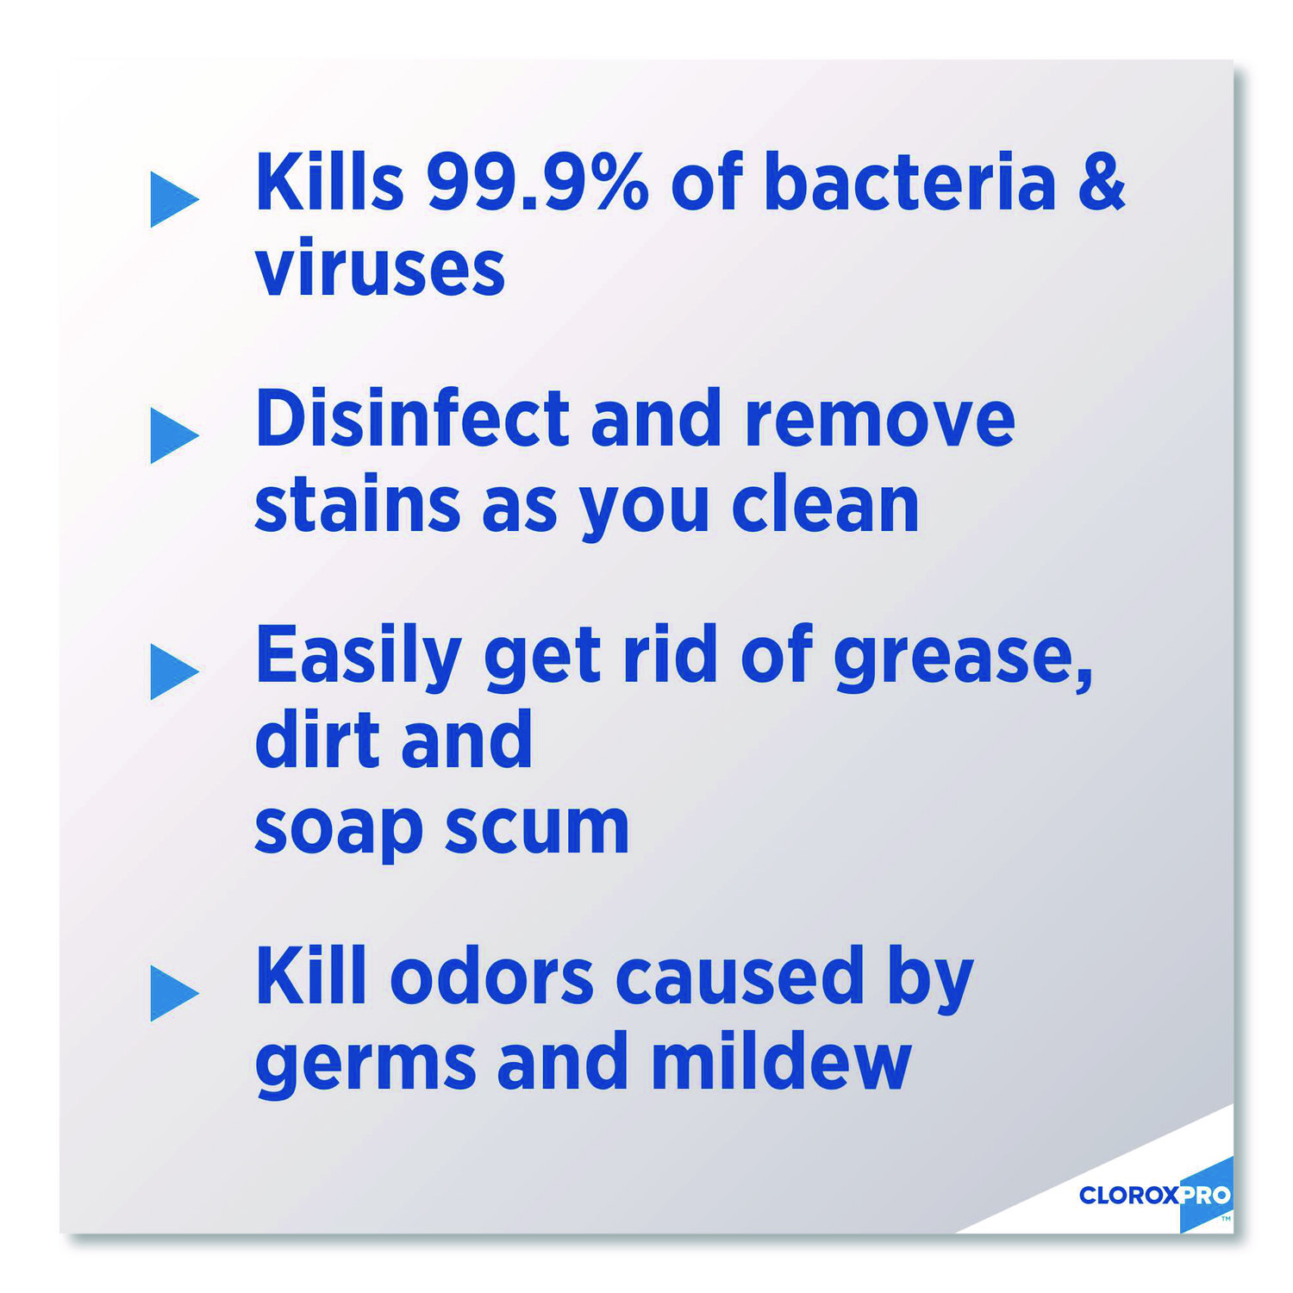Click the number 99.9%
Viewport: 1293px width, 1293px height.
coord(537,182)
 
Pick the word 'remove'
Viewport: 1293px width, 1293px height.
coord(880,422)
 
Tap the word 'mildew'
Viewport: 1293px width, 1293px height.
coord(781,1061)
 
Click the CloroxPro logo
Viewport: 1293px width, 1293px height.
coord(1155,1196)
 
